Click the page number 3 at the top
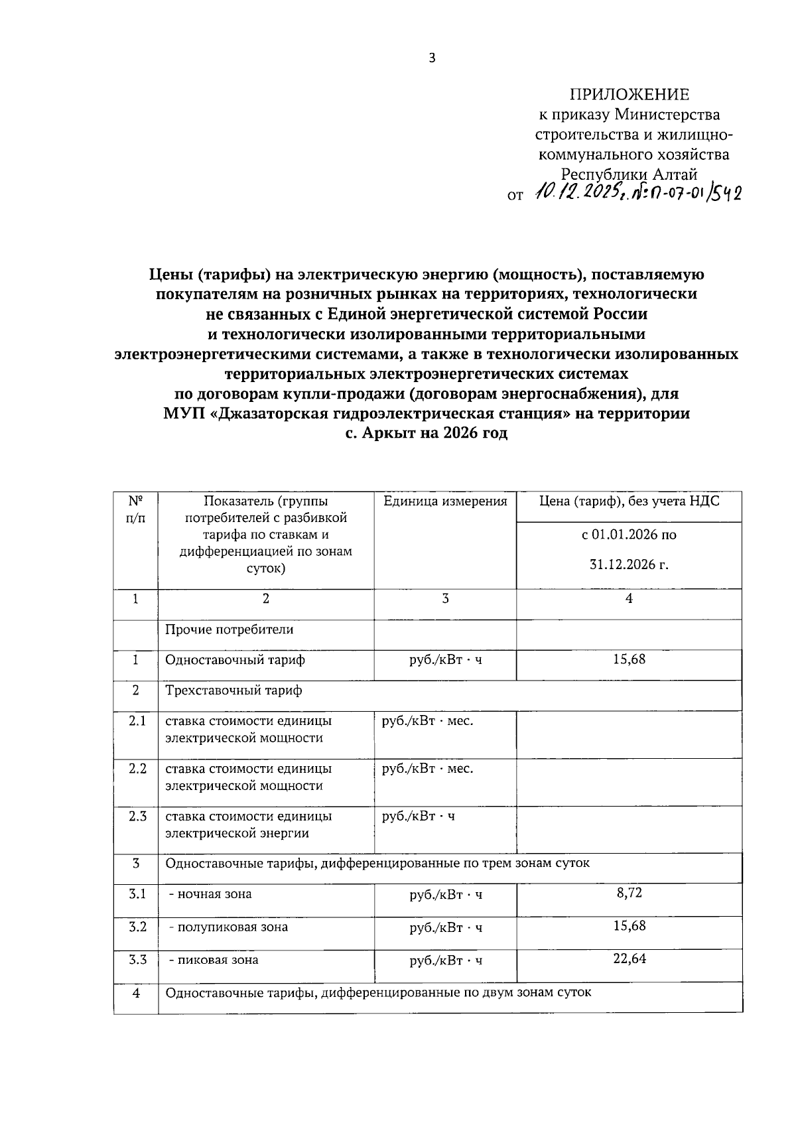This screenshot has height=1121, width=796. tap(432, 58)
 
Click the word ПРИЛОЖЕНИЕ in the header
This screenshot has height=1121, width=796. tap(630, 94)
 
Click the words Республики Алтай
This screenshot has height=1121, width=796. tap(630, 174)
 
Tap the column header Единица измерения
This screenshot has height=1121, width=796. tap(445, 501)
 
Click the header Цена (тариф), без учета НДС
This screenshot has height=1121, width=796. tap(629, 501)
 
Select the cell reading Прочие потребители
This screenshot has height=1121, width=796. tap(229, 629)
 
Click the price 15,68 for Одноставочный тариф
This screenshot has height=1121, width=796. tap(629, 659)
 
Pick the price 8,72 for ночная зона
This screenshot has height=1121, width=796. tap(629, 893)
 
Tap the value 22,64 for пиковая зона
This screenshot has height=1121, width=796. tap(629, 958)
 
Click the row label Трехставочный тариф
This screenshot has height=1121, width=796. tap(233, 691)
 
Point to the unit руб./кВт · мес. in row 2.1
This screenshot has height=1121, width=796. tap(428, 721)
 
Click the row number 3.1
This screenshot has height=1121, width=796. tap(137, 893)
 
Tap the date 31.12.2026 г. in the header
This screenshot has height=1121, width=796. tap(629, 565)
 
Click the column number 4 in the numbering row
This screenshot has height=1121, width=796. tap(629, 598)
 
